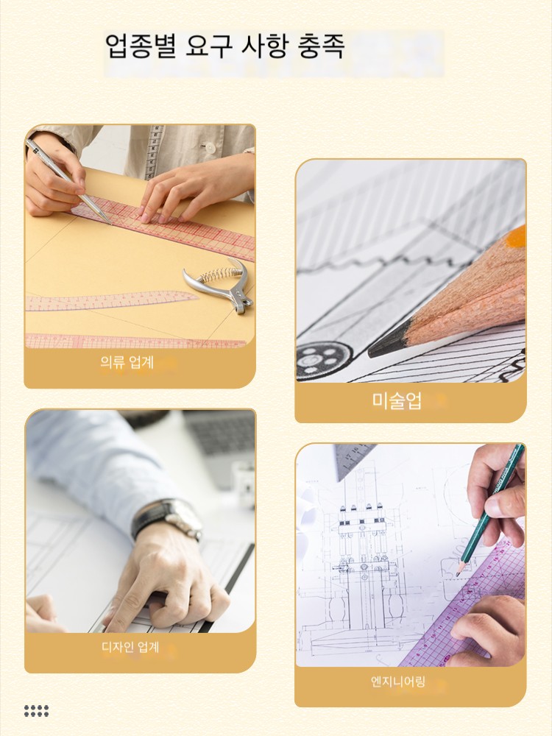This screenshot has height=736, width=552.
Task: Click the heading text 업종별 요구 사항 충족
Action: coord(224,46)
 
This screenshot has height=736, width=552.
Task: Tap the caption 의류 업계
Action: coord(127,362)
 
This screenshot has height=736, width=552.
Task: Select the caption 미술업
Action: coord(397,400)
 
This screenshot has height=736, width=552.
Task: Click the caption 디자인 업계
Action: coord(130,647)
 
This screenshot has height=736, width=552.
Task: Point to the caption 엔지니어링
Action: coord(398,681)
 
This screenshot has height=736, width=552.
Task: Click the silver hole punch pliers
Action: coord(220,284)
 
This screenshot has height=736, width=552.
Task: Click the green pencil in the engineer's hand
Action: coord(490,510)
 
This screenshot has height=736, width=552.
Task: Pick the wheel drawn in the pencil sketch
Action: coord(323,361)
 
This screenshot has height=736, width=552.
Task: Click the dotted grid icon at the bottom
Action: coord(37,711)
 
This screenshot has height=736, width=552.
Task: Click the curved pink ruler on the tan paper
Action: coord(112,300)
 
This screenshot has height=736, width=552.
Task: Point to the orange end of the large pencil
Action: coord(516,236)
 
